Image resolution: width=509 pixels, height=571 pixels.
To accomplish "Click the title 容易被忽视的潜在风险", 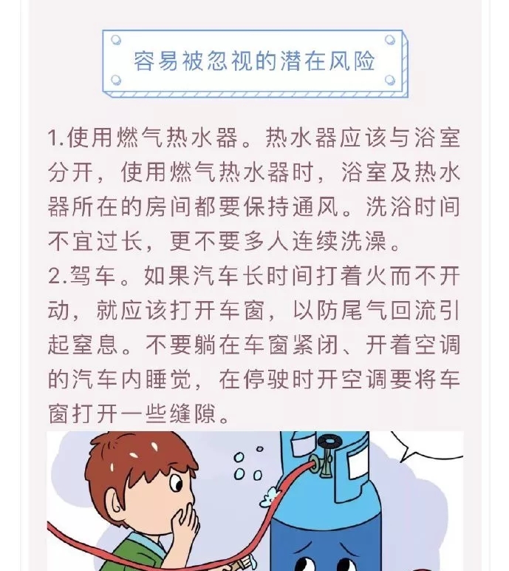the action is coord(254,61).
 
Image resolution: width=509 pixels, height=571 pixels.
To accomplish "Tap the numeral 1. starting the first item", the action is coord(56,138).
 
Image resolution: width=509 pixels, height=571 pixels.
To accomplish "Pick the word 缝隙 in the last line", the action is coord(193,413).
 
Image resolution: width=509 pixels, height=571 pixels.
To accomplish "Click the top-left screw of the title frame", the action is coord(116,39).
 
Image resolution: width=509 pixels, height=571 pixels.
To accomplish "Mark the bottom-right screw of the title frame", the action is coord(390,79).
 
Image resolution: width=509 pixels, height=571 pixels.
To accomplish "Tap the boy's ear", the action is coord(117,505).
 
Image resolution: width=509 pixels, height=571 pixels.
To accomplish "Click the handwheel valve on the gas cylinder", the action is coord(329,442).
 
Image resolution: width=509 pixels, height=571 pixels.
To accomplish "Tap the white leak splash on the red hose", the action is coord(270,496).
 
